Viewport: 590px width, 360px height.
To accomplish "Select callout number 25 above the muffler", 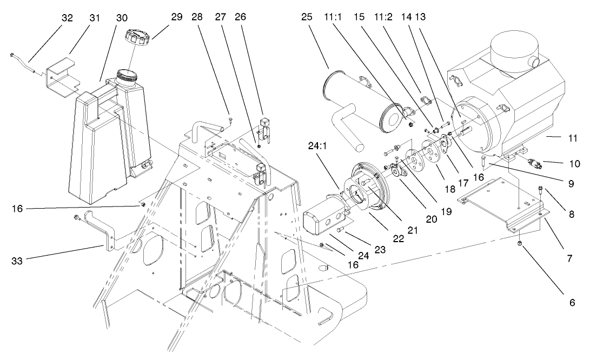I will (307, 17).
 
